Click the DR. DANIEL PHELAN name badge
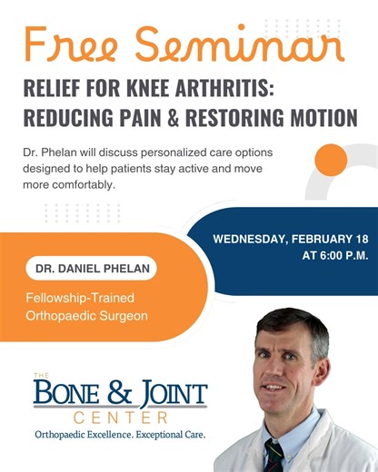90,269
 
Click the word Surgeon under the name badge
124,316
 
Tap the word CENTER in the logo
120,418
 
